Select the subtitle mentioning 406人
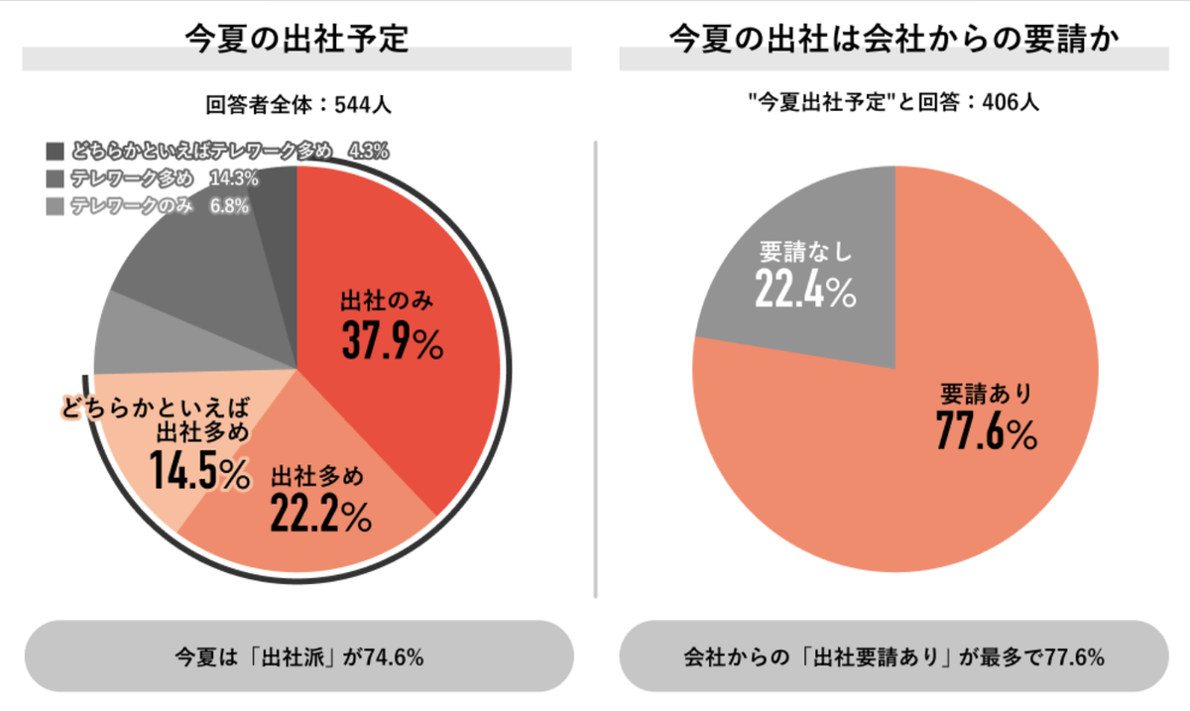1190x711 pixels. (x=893, y=102)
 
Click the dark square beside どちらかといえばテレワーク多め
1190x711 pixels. (x=55, y=152)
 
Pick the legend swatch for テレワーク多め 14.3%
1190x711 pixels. (x=55, y=179)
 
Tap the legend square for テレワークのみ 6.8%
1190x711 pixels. (x=55, y=207)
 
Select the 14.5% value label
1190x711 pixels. (x=199, y=471)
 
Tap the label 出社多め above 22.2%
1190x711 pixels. (x=317, y=475)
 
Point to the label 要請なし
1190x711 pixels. (x=805, y=250)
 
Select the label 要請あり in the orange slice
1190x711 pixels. (x=986, y=394)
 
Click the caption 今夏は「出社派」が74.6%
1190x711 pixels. (x=298, y=656)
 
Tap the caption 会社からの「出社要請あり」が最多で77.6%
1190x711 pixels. (x=893, y=656)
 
